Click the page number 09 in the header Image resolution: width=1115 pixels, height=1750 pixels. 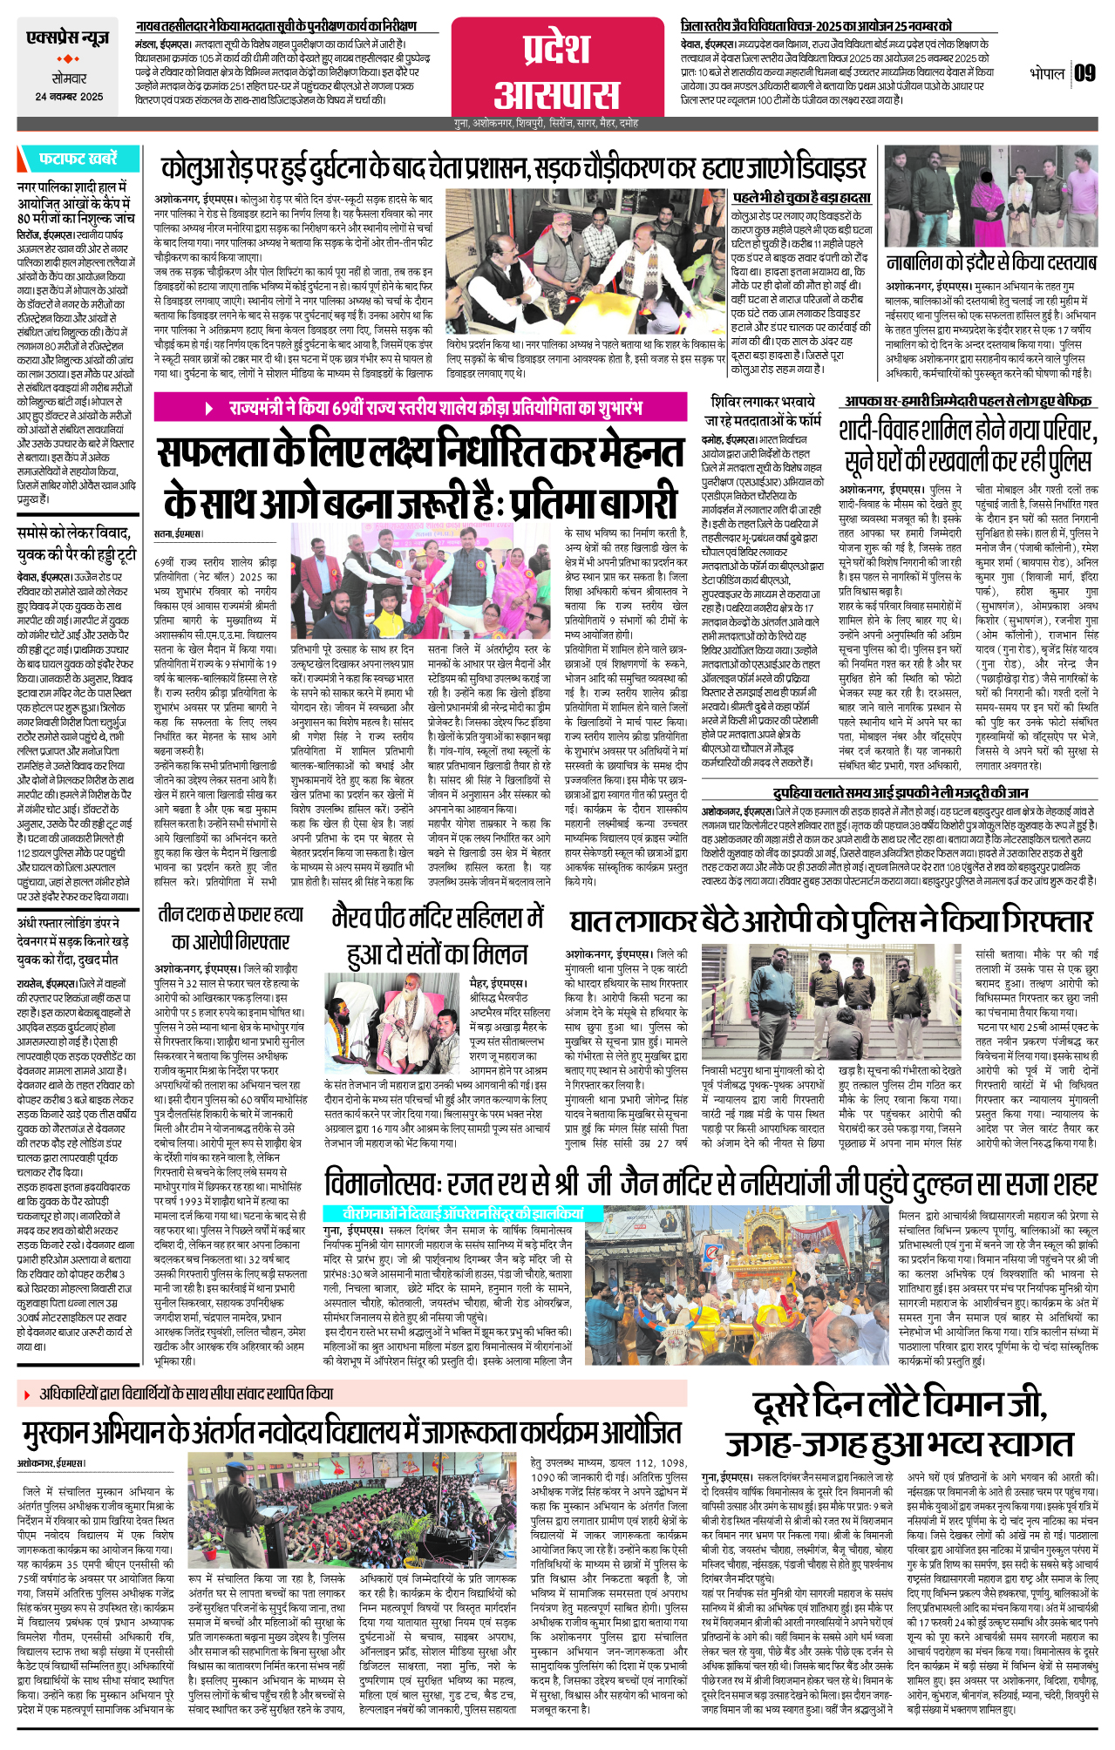(1084, 73)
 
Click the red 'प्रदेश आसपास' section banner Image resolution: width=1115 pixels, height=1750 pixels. (557, 71)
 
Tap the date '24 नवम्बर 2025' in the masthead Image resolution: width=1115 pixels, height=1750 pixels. (69, 98)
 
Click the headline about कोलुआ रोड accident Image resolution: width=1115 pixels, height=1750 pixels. (513, 168)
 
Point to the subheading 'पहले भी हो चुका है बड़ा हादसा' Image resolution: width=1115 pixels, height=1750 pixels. (801, 198)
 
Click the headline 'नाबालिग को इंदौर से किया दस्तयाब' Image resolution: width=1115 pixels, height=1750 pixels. (990, 262)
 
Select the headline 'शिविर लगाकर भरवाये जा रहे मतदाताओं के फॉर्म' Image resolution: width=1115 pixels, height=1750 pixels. (763, 410)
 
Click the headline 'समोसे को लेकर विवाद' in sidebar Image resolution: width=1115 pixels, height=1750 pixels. (75, 543)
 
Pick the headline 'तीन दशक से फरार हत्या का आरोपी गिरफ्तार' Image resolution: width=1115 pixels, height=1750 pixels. (230, 927)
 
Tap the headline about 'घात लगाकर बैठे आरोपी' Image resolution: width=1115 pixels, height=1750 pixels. (830, 922)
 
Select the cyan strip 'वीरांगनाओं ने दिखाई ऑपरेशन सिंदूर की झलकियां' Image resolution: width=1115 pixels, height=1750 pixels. (452, 1213)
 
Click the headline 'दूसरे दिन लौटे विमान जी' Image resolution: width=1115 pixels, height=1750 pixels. (899, 1422)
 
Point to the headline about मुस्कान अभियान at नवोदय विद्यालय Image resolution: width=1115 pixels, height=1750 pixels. (351, 1434)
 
